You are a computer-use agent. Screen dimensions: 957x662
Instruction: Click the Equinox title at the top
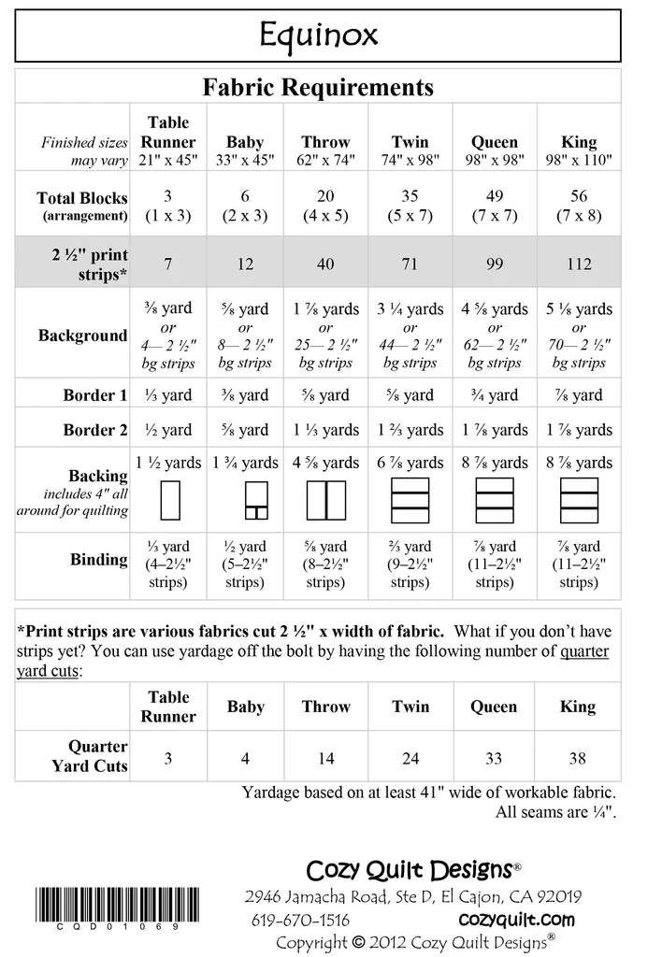[x=318, y=36]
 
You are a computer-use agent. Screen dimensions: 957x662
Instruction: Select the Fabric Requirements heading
[x=318, y=88]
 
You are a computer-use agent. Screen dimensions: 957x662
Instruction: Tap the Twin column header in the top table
[x=410, y=143]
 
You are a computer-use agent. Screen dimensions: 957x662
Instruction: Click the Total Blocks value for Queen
[x=495, y=206]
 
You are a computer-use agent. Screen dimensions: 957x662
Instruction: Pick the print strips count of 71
[x=410, y=264]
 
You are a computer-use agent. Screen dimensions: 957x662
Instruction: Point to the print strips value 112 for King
[x=579, y=264]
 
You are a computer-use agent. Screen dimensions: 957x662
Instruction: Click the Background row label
[x=82, y=336]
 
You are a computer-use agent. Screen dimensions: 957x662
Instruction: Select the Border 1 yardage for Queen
[x=495, y=395]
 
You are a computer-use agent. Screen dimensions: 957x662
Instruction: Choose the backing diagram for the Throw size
[x=325, y=500]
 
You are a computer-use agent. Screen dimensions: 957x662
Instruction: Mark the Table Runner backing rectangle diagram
[x=169, y=500]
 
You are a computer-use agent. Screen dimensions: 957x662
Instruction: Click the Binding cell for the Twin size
[x=410, y=564]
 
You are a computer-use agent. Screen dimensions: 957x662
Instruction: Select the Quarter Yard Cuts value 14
[x=325, y=758]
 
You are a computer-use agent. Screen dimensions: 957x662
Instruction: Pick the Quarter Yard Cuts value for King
[x=579, y=758]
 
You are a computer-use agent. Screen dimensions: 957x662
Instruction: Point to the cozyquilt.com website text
[x=517, y=920]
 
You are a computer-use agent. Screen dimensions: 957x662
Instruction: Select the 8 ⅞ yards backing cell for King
[x=579, y=463]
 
